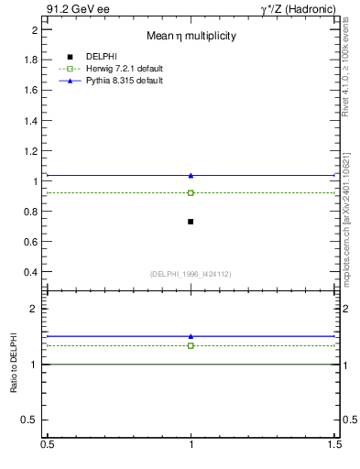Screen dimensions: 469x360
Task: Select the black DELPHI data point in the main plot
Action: (x=191, y=222)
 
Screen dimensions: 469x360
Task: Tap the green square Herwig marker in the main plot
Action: (x=191, y=192)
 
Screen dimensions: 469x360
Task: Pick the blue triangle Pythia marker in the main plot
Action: (x=191, y=175)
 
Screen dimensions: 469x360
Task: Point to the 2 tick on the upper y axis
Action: (x=34, y=30)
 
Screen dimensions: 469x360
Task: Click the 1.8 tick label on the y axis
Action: (x=30, y=60)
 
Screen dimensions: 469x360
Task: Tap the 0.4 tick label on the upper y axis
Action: (x=30, y=272)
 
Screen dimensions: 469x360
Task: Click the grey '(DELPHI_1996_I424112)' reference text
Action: (x=191, y=274)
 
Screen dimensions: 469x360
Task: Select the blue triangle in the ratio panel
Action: (x=191, y=336)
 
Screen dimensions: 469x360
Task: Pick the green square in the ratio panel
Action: (x=191, y=345)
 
